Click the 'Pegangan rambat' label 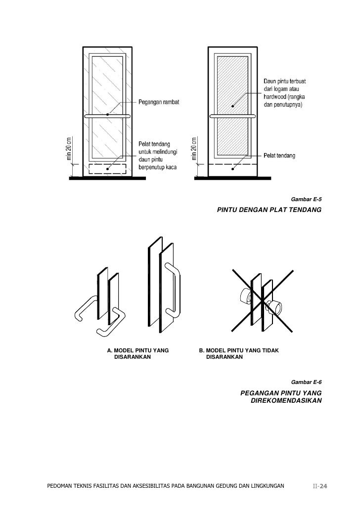158,102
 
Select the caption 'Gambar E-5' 307,200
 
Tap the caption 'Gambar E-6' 307,382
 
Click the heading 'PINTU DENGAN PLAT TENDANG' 269,210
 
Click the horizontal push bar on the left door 107,116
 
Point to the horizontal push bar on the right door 232,116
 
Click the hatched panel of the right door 232,84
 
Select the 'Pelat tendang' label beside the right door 279,156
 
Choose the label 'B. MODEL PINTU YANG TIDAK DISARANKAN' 238,354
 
